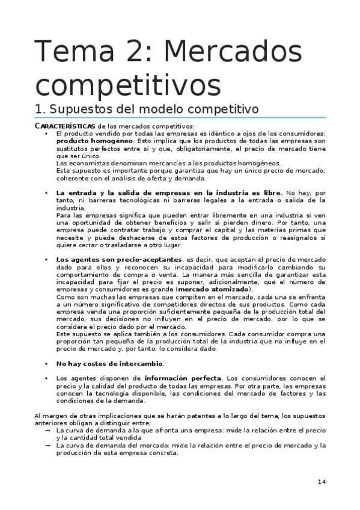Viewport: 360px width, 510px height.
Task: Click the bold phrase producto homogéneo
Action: click(85, 140)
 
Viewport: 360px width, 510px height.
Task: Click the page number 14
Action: click(322, 482)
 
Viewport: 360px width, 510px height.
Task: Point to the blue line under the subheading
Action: click(180, 118)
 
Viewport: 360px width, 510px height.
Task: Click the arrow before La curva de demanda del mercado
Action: click(48, 446)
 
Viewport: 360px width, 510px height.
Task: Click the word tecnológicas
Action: click(134, 200)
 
